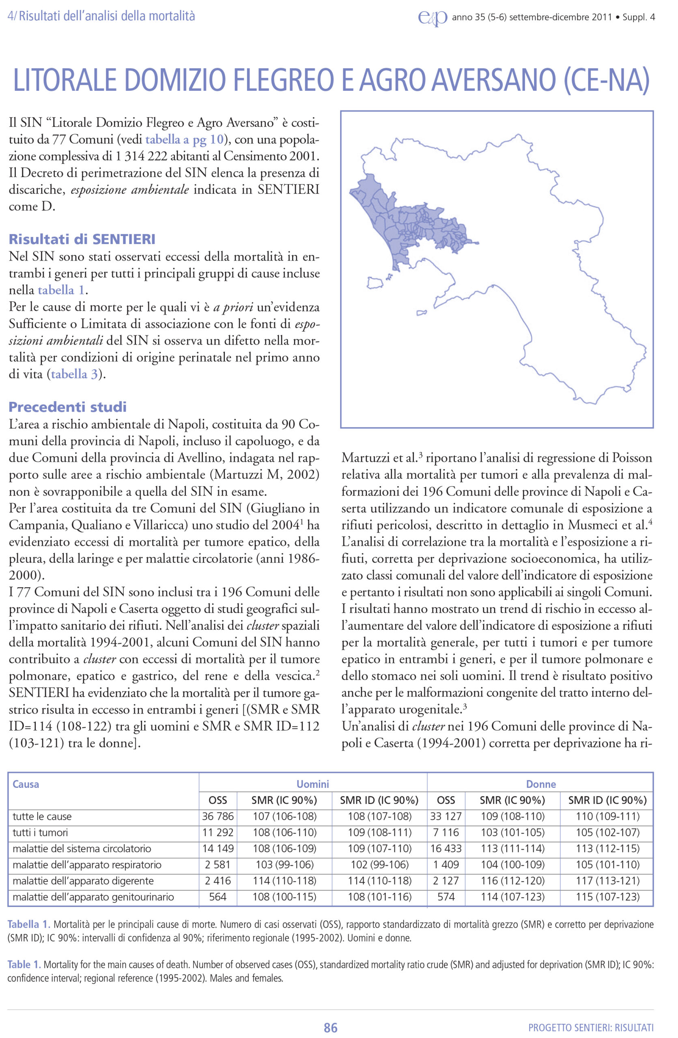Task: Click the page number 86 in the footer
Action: (x=330, y=1027)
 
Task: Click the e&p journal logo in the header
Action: (x=433, y=18)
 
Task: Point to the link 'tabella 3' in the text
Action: (x=74, y=374)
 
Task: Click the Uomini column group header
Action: (x=312, y=784)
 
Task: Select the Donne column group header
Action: (x=540, y=784)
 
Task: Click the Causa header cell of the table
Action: (x=26, y=784)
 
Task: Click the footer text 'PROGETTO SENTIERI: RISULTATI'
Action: (x=591, y=1027)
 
